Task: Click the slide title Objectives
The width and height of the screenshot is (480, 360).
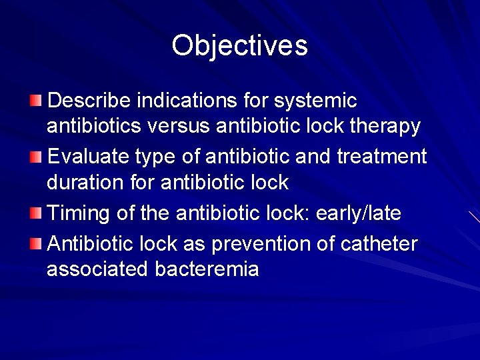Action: click(239, 45)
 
